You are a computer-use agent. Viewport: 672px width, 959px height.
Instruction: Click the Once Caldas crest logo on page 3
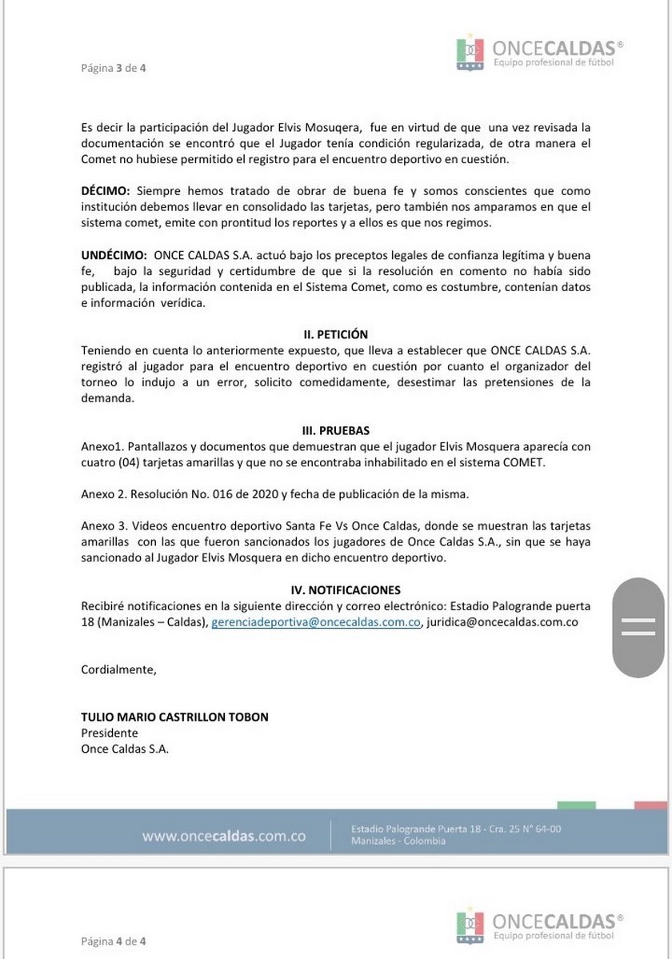[x=470, y=54]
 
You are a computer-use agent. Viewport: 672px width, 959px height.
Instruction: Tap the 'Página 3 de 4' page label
[x=114, y=68]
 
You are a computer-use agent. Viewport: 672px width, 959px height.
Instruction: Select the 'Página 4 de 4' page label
[x=114, y=941]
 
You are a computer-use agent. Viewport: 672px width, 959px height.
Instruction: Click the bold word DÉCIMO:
[x=106, y=191]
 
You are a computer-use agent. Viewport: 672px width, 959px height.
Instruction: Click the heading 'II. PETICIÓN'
[x=336, y=334]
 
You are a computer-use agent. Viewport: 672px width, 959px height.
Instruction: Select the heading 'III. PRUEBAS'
[x=336, y=430]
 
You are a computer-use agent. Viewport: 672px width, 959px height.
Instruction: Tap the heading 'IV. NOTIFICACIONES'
[x=336, y=590]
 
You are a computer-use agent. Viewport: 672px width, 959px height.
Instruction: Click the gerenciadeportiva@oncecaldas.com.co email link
[x=316, y=621]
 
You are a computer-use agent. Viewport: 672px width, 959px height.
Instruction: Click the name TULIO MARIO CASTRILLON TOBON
[x=175, y=717]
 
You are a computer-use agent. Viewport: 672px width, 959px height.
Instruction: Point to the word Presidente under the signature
[x=110, y=733]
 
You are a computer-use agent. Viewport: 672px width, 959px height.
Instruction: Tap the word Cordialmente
[x=119, y=669]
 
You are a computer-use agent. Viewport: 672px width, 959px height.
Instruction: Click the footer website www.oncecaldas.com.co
[x=224, y=837]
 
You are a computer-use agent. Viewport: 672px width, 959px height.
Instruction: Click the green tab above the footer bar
[x=576, y=805]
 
